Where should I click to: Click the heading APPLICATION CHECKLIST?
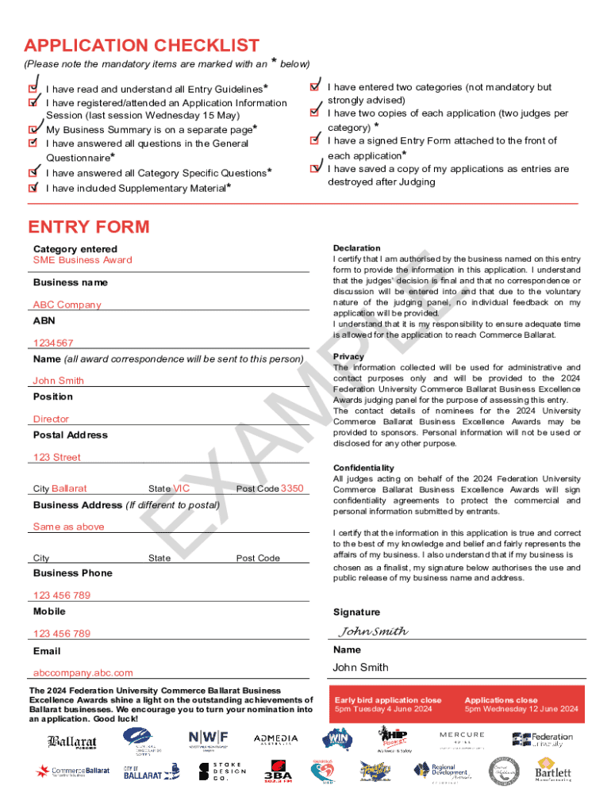point(141,45)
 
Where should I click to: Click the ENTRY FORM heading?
point(88,227)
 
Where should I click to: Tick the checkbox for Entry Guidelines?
point(33,89)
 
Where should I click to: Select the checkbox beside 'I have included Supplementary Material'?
point(33,188)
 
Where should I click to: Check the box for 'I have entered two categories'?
point(314,86)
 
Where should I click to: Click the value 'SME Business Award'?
point(83,260)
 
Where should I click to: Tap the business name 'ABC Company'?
point(67,304)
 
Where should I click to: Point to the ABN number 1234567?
point(53,343)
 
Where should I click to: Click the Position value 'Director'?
point(51,419)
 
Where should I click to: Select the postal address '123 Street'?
point(56,457)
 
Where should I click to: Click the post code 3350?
point(292,488)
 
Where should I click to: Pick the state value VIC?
point(182,488)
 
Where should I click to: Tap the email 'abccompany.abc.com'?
point(83,672)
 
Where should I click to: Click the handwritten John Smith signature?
point(373,631)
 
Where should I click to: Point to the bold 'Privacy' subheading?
point(349,357)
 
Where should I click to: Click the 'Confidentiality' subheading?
point(363,468)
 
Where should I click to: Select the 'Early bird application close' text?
point(388,700)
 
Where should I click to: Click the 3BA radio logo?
point(278,772)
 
